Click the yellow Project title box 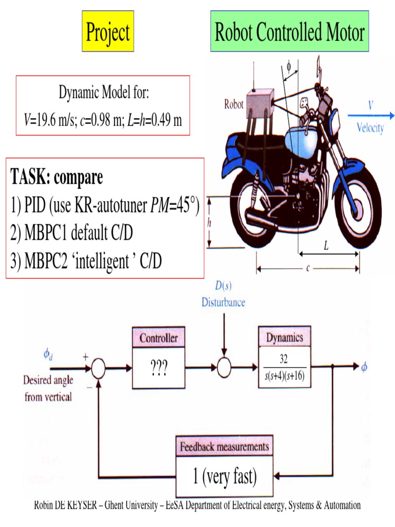point(108,32)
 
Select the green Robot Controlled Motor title point(290,32)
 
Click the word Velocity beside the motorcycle point(370,128)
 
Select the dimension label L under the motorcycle point(326,247)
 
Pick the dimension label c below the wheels point(308,268)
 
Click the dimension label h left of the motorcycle point(209,222)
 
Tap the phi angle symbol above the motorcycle point(289,66)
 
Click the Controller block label point(159,338)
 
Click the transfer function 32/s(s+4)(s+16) point(284,368)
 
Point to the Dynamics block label point(284,338)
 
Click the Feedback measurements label point(224,447)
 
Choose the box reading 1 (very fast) point(224,477)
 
